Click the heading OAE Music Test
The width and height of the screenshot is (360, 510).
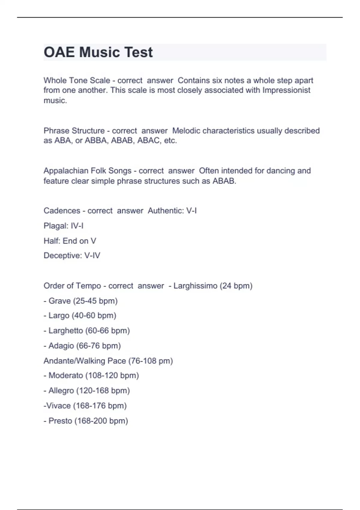tap(98, 52)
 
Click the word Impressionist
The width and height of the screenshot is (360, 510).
tap(286, 90)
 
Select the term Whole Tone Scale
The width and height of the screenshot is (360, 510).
tap(76, 80)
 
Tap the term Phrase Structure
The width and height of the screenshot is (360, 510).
tap(74, 131)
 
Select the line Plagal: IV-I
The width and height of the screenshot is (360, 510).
tap(64, 226)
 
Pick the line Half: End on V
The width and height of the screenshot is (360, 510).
tap(70, 241)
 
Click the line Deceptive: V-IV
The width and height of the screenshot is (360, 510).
tap(72, 256)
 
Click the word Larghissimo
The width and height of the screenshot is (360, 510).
tap(195, 286)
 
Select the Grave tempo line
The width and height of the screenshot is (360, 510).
tap(81, 301)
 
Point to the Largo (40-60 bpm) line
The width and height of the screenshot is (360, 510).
tap(80, 316)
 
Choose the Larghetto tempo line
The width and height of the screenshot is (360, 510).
tap(87, 331)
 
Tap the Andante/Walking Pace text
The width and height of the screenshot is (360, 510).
tap(85, 361)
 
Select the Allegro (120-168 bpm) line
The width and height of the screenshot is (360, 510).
tap(87, 391)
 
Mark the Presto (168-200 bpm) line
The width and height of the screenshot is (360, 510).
tap(86, 421)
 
